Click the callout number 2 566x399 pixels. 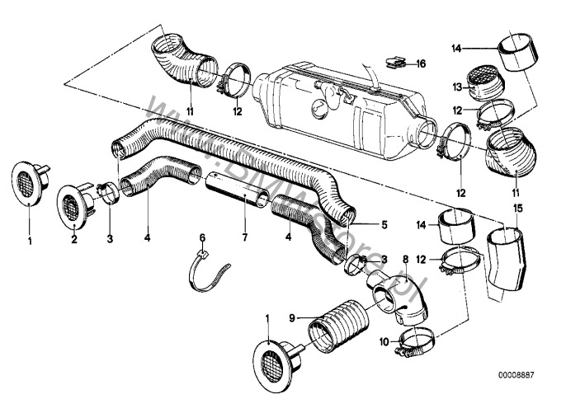(x=75, y=240)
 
